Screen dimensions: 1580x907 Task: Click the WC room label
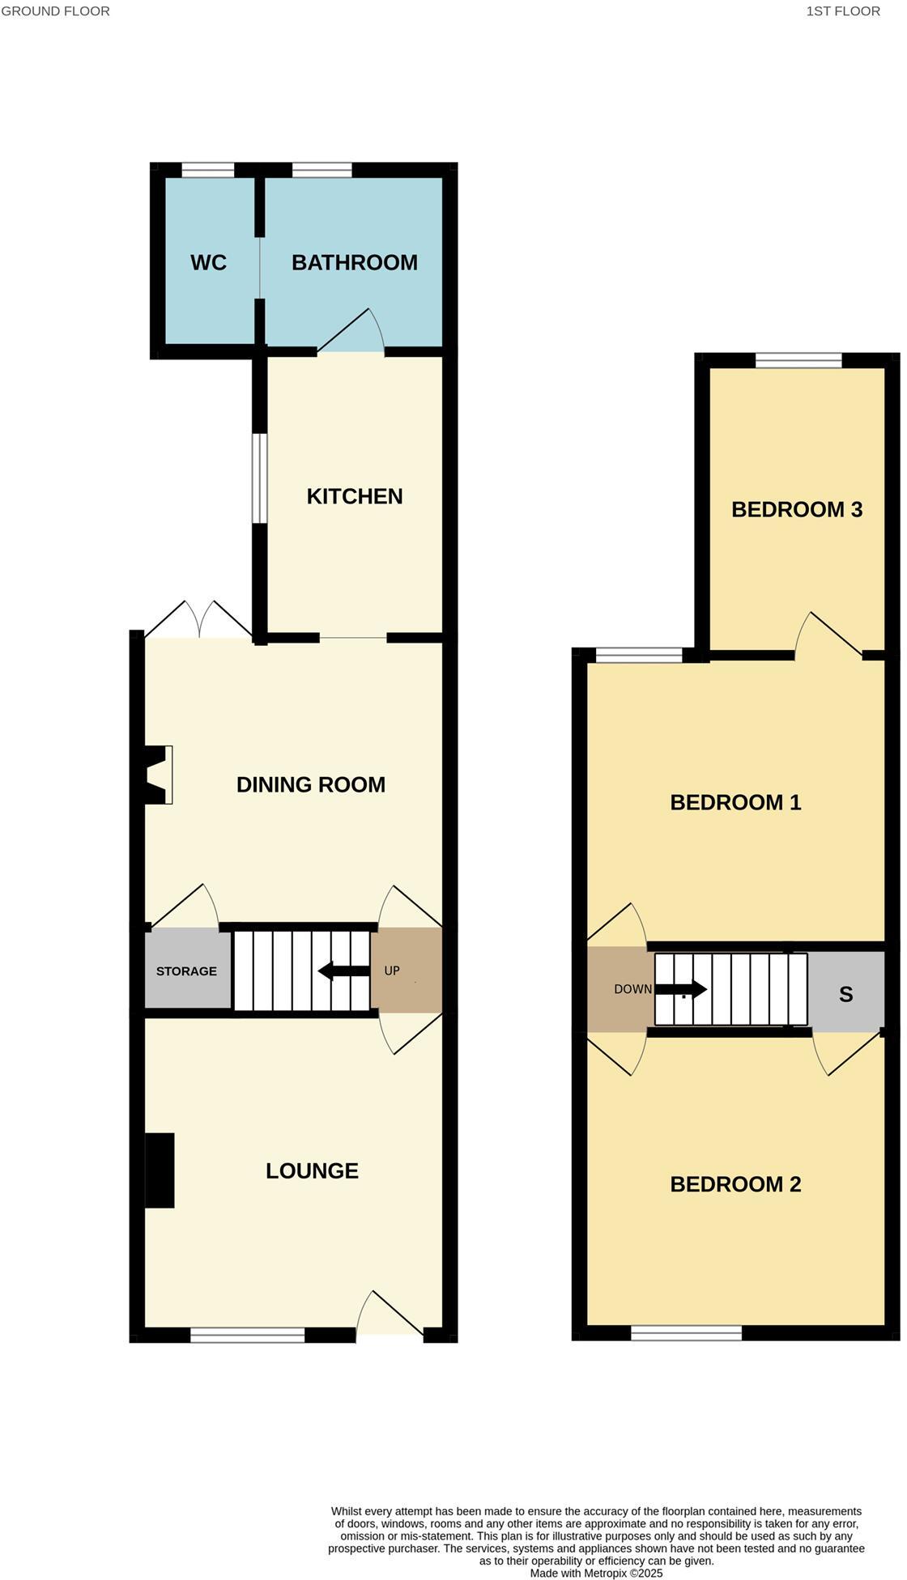point(208,262)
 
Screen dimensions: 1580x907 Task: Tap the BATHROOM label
point(354,262)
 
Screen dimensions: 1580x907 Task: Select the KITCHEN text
point(354,496)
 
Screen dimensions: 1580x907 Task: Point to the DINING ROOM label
point(310,784)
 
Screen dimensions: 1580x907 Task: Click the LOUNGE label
point(312,1170)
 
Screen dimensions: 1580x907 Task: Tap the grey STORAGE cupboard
point(187,971)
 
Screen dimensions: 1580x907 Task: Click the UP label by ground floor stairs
point(392,971)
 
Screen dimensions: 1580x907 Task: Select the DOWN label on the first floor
point(632,989)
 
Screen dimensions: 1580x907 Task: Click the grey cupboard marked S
point(845,994)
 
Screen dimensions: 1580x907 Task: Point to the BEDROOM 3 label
point(796,509)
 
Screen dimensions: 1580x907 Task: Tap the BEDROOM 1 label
point(735,802)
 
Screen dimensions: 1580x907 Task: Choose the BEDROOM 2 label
point(735,1184)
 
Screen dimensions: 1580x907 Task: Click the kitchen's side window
point(259,478)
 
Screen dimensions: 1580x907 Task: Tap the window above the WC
point(207,170)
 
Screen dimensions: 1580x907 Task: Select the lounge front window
point(247,1336)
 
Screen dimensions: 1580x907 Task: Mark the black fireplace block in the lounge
point(160,1170)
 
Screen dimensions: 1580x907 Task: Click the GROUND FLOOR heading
point(55,11)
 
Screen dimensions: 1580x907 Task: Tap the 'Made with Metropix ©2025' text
point(596,1573)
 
